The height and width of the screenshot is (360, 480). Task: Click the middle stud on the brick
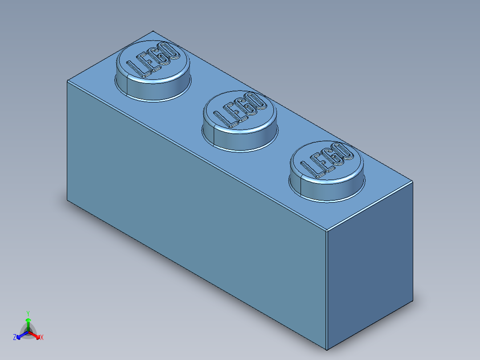[x=240, y=120]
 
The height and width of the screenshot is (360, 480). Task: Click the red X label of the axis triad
[x=42, y=338]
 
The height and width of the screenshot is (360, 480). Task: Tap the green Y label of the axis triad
[x=28, y=313]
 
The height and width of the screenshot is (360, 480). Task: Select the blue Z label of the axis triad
[x=15, y=337]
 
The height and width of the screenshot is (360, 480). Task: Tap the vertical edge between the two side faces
[x=327, y=290]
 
